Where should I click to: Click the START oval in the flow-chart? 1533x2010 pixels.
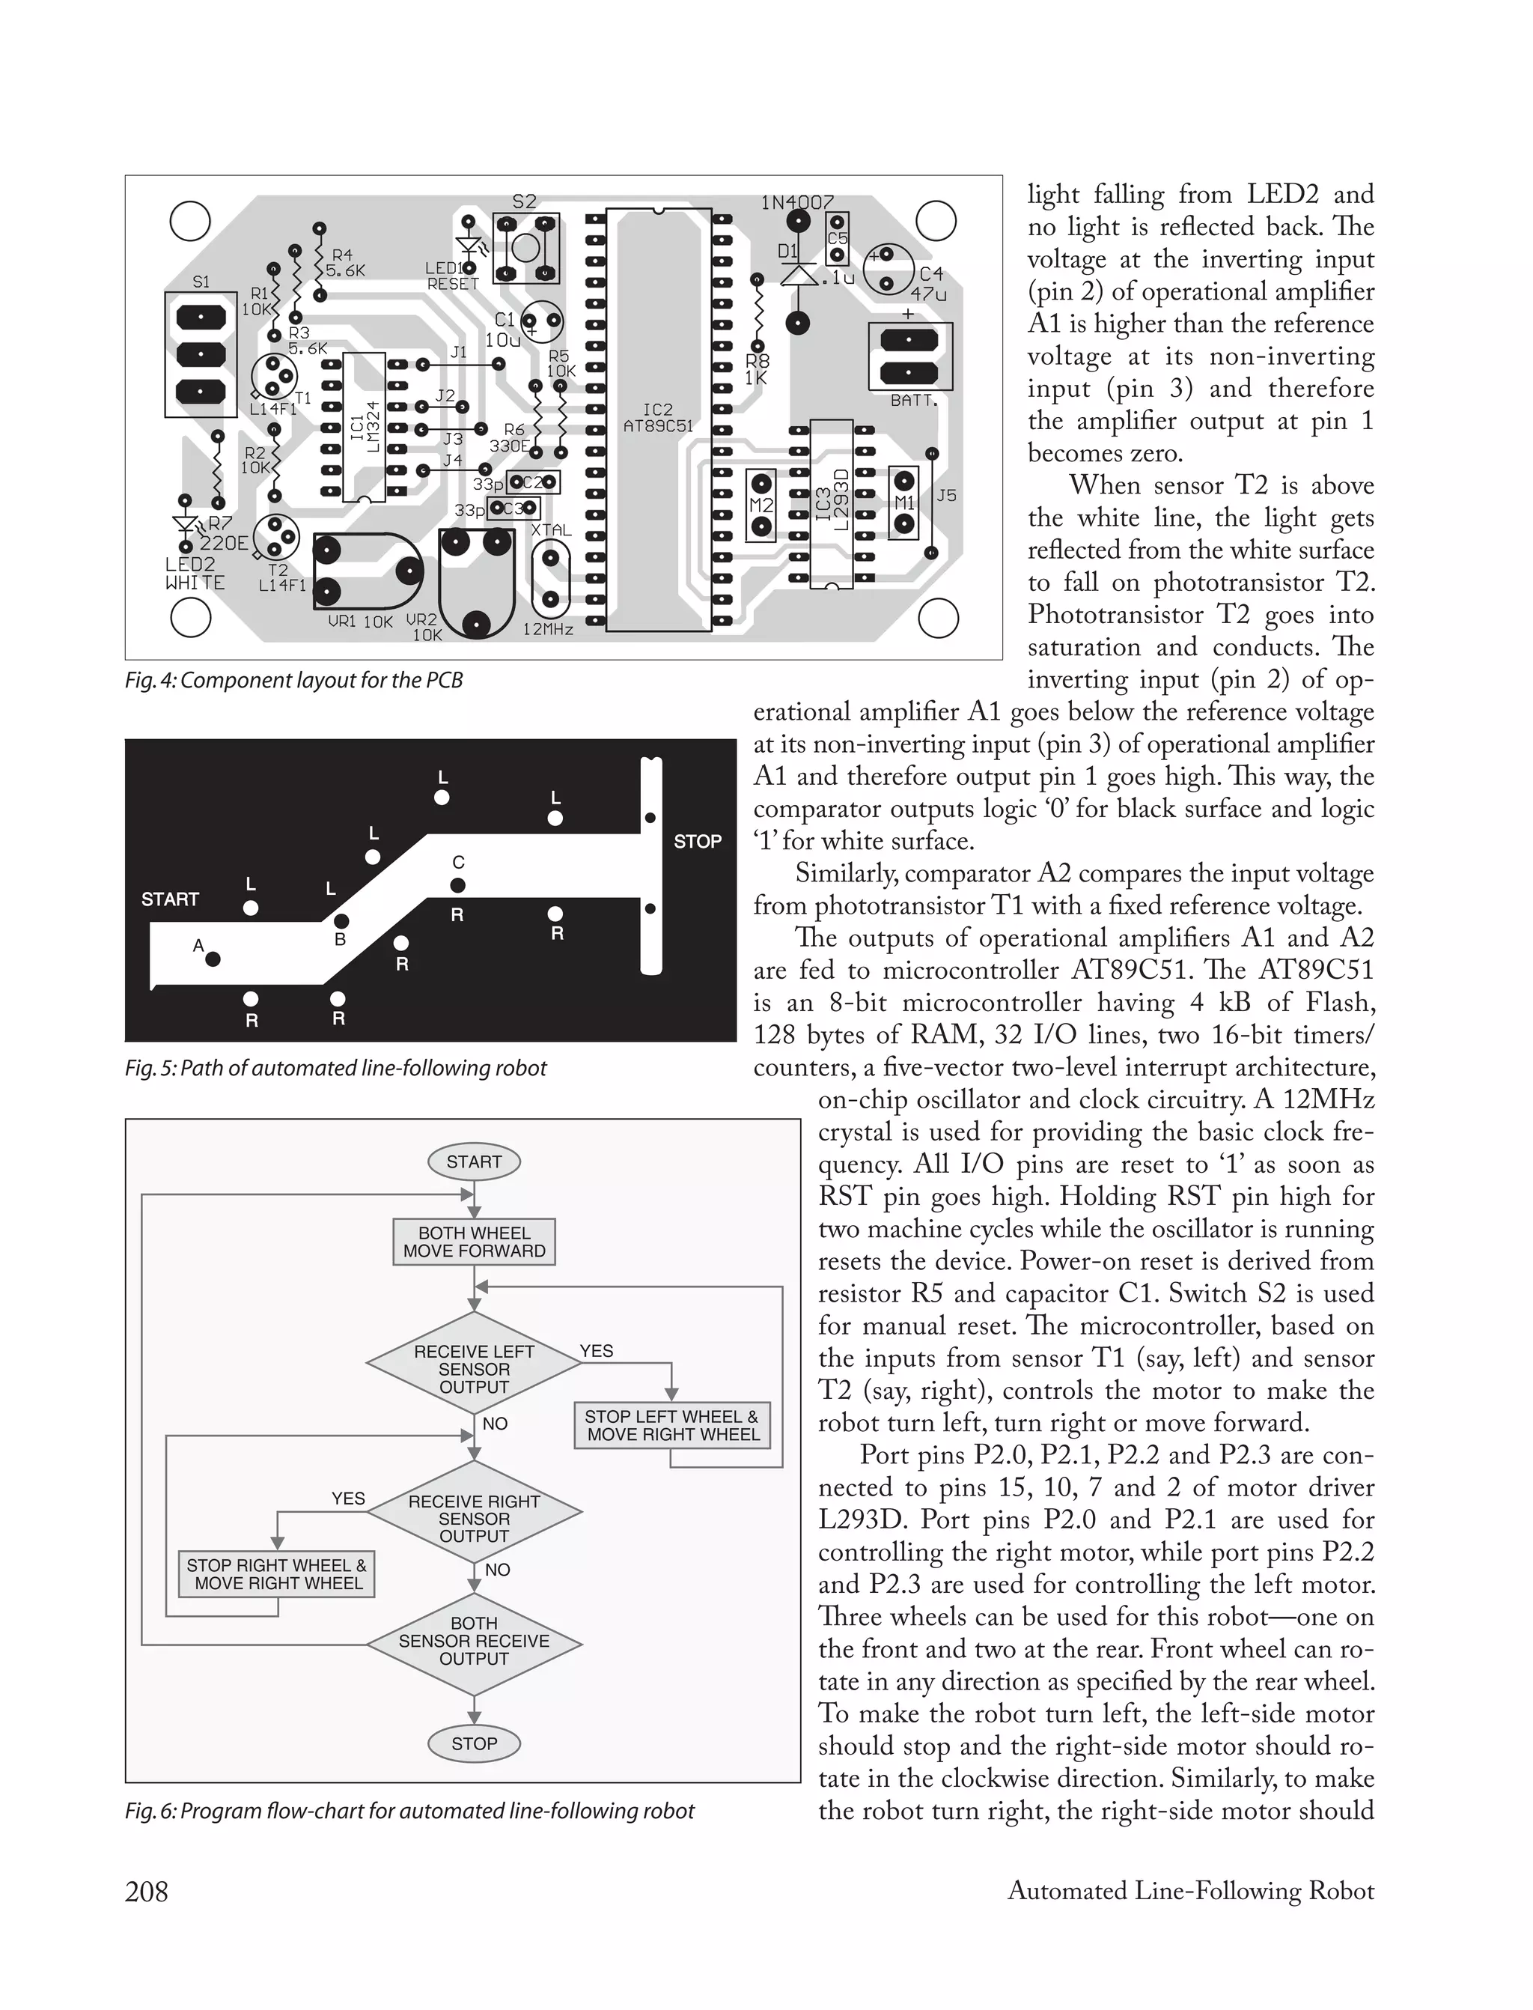point(474,1162)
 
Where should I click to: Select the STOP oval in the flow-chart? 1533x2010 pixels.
point(474,1743)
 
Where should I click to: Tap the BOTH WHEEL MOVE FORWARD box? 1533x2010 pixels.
point(474,1242)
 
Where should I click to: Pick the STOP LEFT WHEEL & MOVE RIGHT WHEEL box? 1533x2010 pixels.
point(672,1426)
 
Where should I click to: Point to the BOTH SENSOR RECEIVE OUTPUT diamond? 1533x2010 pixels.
point(474,1642)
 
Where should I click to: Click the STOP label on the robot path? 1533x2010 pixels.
point(697,842)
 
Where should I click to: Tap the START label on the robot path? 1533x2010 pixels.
point(170,899)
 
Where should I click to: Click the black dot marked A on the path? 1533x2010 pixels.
point(213,959)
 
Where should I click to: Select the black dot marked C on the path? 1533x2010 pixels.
point(458,884)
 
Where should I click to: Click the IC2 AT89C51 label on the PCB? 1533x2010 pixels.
point(658,418)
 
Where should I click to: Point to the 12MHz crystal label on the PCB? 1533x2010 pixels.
point(547,629)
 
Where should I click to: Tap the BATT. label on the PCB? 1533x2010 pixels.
point(913,400)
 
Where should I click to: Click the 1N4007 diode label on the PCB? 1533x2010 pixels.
point(796,201)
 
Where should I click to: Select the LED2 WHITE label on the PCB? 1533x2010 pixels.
point(195,573)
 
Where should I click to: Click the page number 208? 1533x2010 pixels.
point(146,1892)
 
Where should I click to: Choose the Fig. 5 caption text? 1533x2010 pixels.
point(335,1068)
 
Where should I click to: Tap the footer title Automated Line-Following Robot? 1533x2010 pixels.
point(1190,1892)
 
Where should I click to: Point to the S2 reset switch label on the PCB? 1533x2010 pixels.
point(524,201)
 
